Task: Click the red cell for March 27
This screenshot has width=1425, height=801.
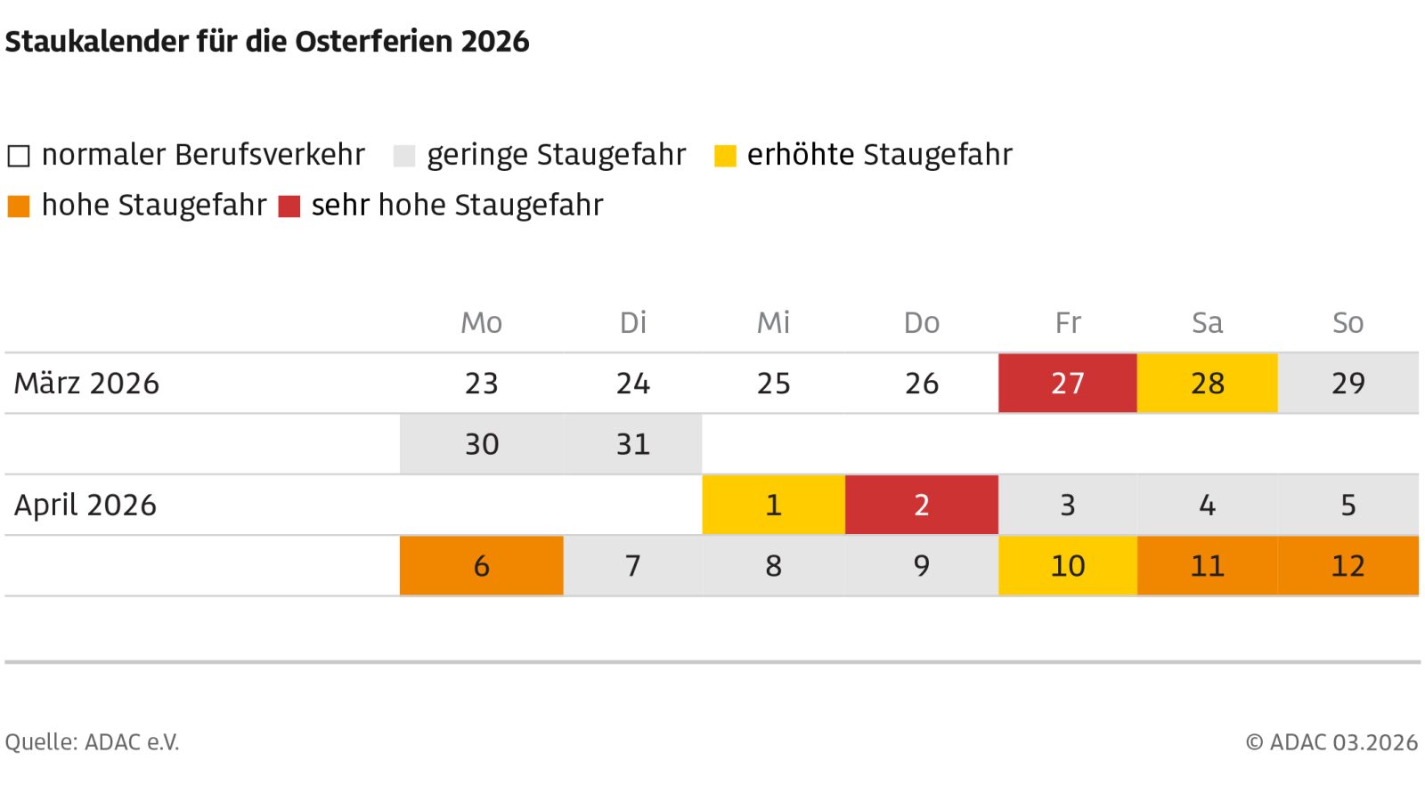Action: click(1067, 383)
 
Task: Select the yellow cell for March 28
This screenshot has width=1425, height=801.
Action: click(1207, 383)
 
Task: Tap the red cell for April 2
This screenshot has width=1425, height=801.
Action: click(921, 505)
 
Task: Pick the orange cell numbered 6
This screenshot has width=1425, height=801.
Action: click(481, 565)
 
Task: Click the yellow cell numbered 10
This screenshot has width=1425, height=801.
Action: click(1067, 565)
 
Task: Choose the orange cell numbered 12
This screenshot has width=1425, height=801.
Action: click(1348, 565)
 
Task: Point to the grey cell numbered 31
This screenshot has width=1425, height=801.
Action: click(632, 443)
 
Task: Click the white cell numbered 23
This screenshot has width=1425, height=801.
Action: click(481, 383)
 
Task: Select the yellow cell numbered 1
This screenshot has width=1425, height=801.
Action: click(773, 505)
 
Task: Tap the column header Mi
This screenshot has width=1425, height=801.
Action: click(773, 322)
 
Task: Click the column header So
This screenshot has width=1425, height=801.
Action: click(1348, 322)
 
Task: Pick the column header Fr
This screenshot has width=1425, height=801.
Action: click(1067, 322)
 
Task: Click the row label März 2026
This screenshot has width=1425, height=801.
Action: click(86, 384)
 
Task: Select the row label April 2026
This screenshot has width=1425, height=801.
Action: click(85, 506)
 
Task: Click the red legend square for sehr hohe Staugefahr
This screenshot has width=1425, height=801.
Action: click(289, 206)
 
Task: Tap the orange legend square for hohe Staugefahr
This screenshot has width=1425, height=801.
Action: click(19, 206)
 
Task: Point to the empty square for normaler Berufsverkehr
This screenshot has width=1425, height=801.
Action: click(19, 157)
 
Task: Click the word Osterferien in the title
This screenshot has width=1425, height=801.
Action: click(375, 42)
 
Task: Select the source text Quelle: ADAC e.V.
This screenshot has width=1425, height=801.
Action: click(92, 741)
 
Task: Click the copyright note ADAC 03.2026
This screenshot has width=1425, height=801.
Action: click(1331, 741)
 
